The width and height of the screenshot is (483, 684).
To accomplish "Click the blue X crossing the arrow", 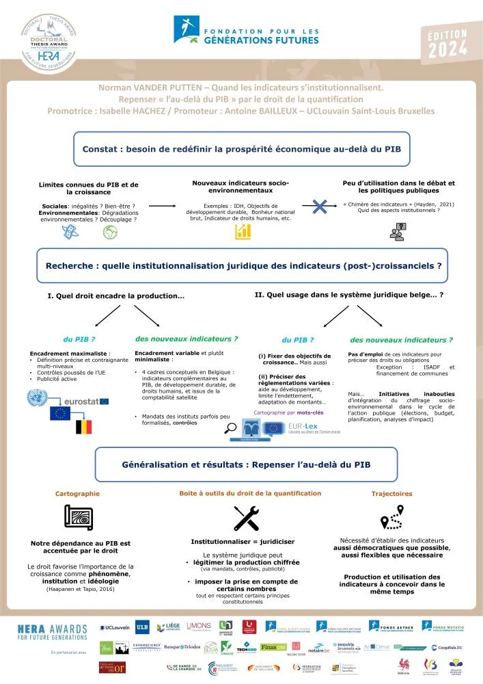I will point(316,205).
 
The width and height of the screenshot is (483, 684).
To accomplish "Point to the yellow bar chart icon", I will point(243,233).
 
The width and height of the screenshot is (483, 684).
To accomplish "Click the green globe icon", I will point(110,233).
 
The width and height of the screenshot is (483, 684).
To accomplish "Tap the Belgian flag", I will point(84,428).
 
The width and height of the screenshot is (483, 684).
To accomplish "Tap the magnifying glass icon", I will point(231,428).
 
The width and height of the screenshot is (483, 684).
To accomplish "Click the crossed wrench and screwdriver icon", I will point(245,518).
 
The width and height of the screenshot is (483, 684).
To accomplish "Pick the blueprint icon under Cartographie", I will point(78,517).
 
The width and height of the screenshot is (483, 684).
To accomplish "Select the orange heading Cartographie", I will point(77,493).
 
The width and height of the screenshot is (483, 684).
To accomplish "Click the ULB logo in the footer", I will point(142,627).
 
